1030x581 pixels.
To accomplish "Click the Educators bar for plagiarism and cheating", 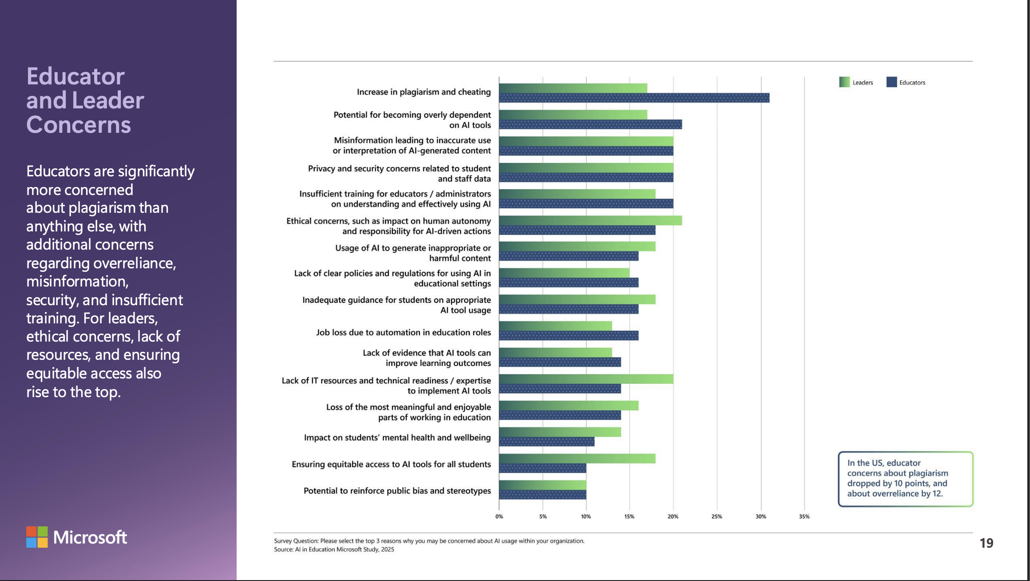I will [634, 98].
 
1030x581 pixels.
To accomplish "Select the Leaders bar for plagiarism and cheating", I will [573, 88].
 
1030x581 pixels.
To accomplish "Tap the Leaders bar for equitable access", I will [577, 458].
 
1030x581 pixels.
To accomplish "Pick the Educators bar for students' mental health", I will [547, 442].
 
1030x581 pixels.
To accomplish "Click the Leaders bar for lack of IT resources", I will [586, 379].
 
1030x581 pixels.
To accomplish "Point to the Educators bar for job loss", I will [569, 336].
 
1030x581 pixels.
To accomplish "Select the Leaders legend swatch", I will [844, 82].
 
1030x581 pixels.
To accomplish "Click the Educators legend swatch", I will [891, 82].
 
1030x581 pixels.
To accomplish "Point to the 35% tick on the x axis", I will [804, 517].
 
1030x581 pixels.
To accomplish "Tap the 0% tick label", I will [499, 517].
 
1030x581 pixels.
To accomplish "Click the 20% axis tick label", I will [673, 517].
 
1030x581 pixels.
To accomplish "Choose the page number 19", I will [986, 543].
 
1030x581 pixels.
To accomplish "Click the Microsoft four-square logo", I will [37, 537].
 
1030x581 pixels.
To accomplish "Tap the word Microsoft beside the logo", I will [90, 537].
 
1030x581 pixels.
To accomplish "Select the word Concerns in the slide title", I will [79, 125].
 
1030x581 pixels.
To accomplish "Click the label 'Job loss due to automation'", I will [403, 332].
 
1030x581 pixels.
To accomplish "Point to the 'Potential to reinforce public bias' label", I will [397, 491].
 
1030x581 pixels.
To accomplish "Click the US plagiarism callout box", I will [905, 479].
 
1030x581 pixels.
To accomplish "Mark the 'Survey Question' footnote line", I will [429, 541].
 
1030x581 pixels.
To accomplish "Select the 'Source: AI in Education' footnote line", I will [334, 549].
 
